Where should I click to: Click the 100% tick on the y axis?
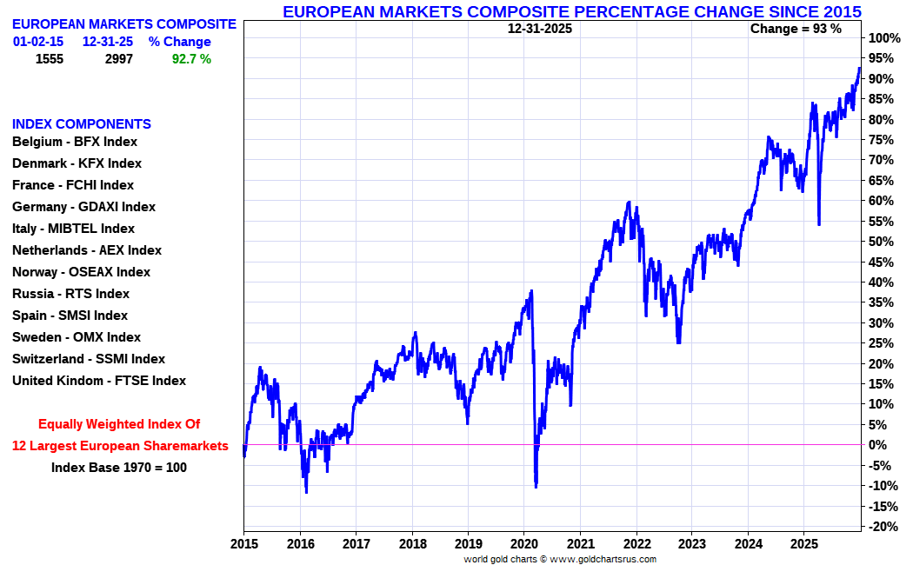(883, 38)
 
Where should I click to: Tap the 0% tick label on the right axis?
(878, 445)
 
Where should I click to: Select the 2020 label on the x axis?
(524, 544)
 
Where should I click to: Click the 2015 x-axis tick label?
(243, 544)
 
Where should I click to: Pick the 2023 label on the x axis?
(692, 544)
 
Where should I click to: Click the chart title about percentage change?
(572, 12)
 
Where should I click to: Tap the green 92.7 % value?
(191, 59)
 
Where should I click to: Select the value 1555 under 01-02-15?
(50, 59)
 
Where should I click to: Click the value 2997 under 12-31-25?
(115, 59)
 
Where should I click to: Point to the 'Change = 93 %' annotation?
(796, 29)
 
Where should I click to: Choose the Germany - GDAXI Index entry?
(83, 207)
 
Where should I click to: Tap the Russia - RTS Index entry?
(70, 294)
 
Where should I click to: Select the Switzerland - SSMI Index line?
(88, 359)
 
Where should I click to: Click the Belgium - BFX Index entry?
(74, 142)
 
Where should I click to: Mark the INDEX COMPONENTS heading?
(81, 124)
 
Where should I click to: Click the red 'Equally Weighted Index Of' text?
(119, 424)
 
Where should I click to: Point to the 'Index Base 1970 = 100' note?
(119, 468)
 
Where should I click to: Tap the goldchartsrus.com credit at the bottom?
(560, 560)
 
